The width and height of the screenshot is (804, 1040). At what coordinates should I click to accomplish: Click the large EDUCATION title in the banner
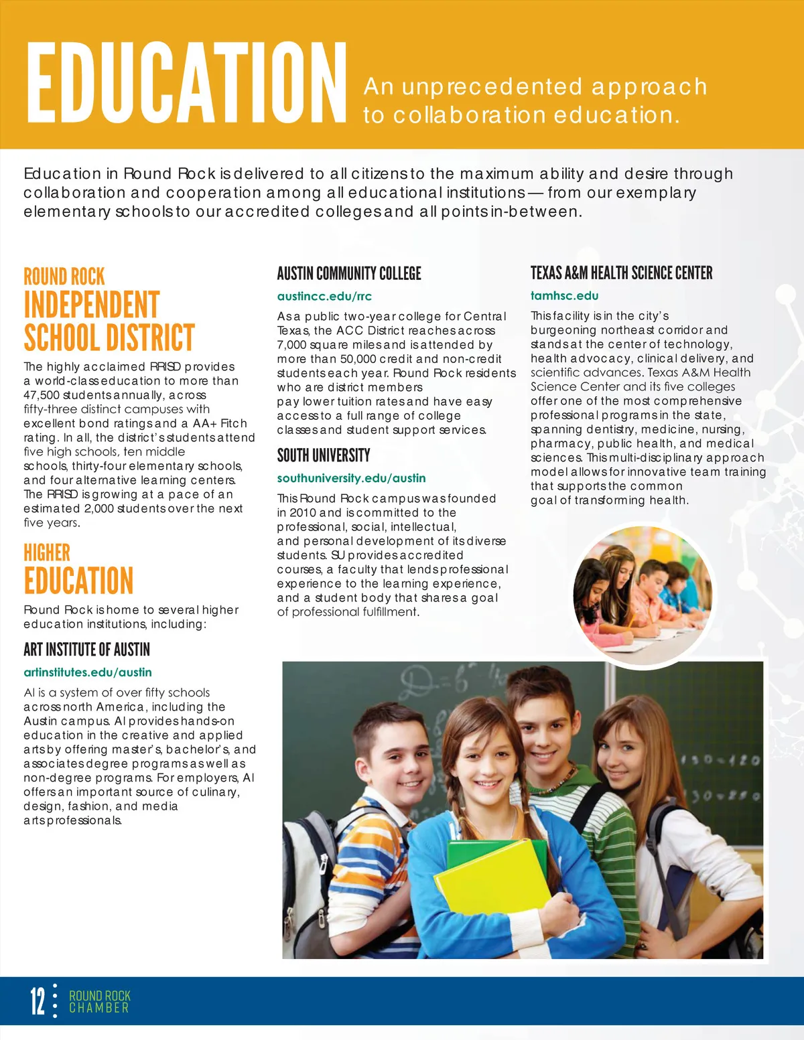point(186,82)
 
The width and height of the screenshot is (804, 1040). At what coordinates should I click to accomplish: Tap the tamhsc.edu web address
point(564,295)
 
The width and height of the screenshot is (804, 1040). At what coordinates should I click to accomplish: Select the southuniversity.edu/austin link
point(351,478)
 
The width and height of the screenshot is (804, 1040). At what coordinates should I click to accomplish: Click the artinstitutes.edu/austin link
point(88,672)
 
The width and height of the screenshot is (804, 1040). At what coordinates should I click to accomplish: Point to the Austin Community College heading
point(349,273)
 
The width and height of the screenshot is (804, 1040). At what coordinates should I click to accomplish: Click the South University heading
point(324,455)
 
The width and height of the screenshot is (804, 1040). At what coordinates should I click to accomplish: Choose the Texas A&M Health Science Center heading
point(621,273)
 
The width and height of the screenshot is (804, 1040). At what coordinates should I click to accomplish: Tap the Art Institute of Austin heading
point(86,650)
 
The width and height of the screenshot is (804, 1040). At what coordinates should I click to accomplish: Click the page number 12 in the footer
point(38,1001)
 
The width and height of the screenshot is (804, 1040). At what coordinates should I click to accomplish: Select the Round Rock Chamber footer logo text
point(99,1001)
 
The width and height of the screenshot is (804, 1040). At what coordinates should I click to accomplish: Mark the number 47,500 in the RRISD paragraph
point(42,395)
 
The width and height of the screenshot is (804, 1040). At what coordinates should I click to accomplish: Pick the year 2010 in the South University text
point(303,512)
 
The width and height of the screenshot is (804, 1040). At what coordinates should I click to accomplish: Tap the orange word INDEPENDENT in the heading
point(92,305)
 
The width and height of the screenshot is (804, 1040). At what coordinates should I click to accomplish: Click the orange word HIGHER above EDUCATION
point(47,552)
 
